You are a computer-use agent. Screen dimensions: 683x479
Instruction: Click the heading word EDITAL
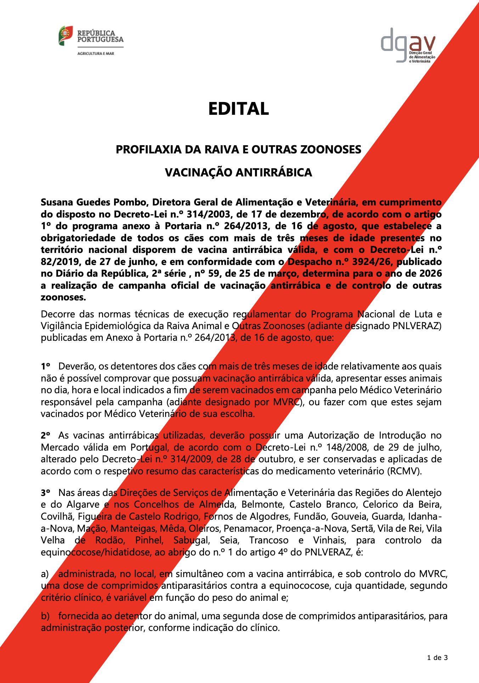[x=238, y=109]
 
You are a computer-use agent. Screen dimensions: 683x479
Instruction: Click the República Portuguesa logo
[x=91, y=40]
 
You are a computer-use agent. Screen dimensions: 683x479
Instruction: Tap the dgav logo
[x=408, y=45]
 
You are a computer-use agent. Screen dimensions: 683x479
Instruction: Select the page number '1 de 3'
[x=437, y=658]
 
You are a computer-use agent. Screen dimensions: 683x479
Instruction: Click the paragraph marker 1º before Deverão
[x=45, y=366]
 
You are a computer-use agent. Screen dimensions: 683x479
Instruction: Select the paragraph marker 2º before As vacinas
[x=45, y=435]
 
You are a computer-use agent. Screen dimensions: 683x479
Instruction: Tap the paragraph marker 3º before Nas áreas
[x=45, y=493]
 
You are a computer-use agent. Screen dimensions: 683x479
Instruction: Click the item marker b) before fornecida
[x=45, y=616]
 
